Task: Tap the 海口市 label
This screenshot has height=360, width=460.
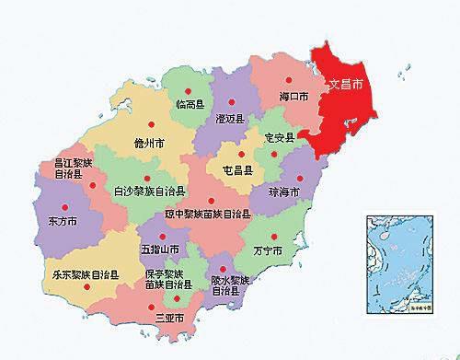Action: click(293, 96)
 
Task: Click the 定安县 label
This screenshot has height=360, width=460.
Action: click(278, 137)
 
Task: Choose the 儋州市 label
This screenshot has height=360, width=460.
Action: click(148, 144)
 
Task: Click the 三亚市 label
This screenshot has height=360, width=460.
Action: click(169, 318)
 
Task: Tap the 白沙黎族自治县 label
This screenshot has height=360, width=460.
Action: click(149, 192)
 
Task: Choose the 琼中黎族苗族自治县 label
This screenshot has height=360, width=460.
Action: click(207, 214)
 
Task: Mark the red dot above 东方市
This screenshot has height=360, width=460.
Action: click(63, 206)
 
